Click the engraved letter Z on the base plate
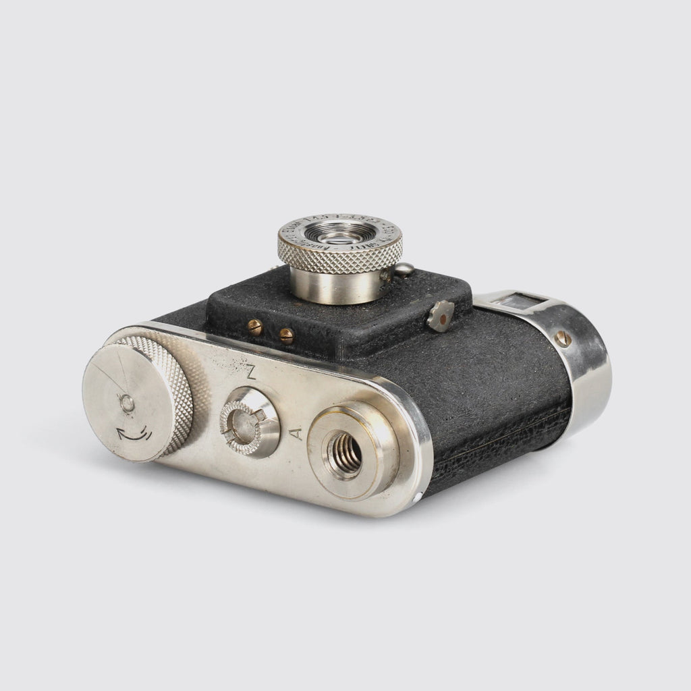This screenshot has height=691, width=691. [250, 371]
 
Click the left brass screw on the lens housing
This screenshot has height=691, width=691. [254, 326]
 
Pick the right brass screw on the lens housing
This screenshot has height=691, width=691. [285, 333]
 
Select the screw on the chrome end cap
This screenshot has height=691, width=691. [561, 337]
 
